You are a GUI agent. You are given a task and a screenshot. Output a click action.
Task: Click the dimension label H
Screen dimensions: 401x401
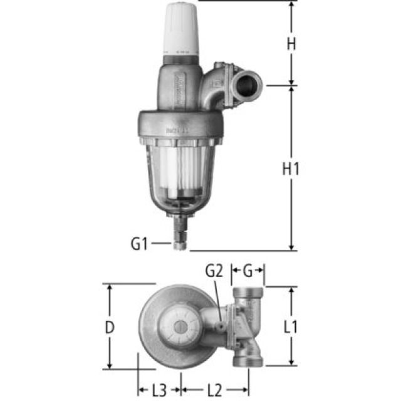point(291,44)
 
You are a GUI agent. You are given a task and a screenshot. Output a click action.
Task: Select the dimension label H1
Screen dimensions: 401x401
point(291,169)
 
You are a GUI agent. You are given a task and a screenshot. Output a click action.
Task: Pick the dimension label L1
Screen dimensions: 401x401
point(290,326)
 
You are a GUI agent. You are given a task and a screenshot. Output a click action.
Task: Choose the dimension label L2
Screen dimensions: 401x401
point(214,390)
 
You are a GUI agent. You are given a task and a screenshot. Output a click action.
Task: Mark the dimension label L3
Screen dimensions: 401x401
point(159,390)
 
